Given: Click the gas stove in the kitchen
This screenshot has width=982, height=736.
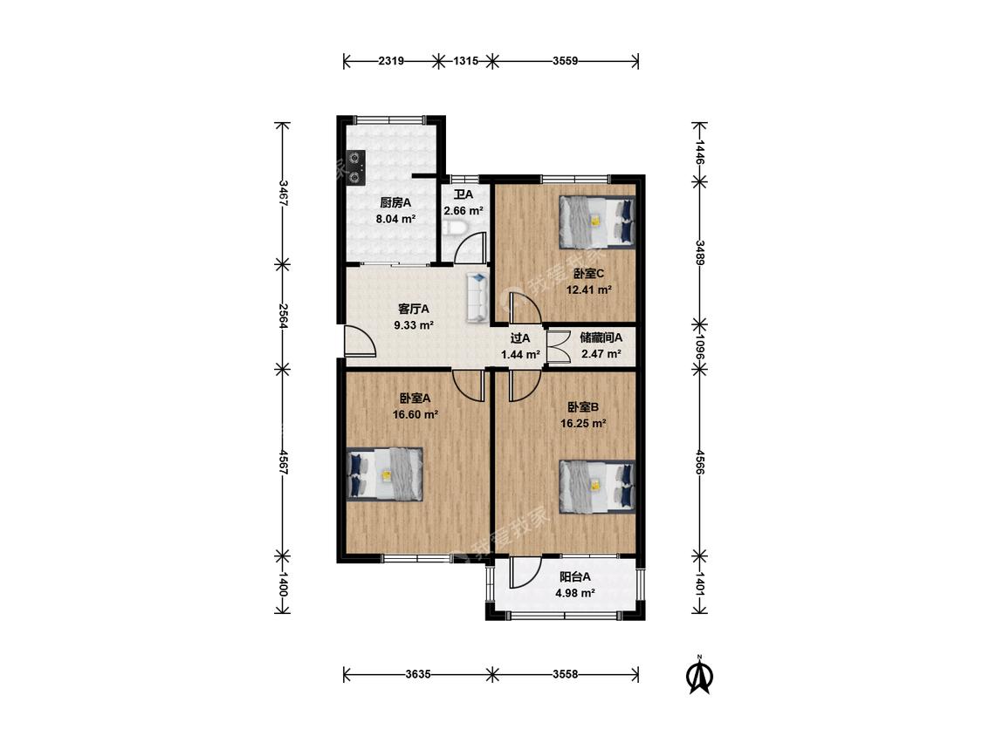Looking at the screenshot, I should pos(355,167).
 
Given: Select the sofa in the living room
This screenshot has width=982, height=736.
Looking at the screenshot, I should pos(477,296).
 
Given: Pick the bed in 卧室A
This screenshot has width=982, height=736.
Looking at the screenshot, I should pos(385,474).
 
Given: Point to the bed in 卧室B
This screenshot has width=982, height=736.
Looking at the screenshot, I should pos(597,485).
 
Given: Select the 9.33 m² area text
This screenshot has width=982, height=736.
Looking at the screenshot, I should pos(414,325).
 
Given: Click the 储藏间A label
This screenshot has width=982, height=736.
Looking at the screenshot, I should pos(601,337).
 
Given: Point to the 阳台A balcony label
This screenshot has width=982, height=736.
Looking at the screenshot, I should pos(575,576).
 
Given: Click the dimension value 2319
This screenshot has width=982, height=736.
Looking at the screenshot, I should pos(391,61).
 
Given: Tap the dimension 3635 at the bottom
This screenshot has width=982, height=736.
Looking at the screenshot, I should pos(416,674).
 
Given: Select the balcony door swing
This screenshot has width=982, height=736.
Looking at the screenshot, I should pos(525,572).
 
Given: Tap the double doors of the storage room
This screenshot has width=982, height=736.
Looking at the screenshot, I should pos(557,346).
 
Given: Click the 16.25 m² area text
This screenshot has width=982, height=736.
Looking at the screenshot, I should pos(583,424).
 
